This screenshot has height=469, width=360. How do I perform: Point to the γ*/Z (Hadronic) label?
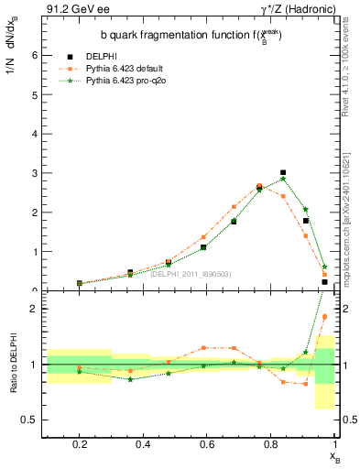[295, 10]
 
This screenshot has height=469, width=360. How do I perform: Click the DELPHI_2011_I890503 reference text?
[191, 273]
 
